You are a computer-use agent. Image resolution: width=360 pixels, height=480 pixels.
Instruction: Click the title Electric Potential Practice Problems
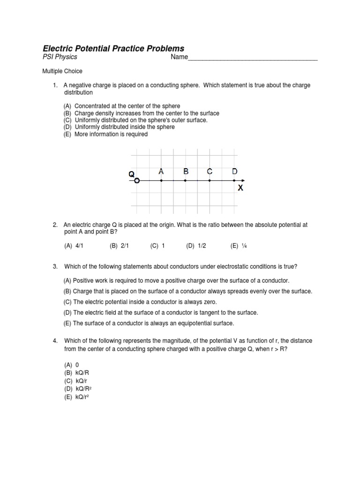coord(113,48)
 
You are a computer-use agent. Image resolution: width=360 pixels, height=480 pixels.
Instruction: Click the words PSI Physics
coord(60,57)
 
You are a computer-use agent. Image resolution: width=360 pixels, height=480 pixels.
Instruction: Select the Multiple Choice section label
coord(62,71)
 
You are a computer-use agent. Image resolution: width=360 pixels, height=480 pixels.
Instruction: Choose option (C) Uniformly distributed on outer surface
coord(135,120)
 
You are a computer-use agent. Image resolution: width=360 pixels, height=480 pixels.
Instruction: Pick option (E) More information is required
coord(105,134)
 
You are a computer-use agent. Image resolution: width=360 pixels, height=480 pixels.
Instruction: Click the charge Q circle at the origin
coord(136,180)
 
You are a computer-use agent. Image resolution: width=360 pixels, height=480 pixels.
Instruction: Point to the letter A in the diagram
coord(161,172)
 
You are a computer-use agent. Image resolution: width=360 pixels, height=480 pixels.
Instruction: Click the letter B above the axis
coord(186,172)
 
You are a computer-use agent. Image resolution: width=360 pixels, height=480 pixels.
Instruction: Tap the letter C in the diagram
coord(210,172)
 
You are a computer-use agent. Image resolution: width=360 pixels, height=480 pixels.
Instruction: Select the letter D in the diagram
coord(235,172)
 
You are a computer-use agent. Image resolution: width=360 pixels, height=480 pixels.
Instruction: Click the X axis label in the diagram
coord(240,188)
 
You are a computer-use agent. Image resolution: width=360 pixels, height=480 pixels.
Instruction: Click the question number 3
coord(55,267)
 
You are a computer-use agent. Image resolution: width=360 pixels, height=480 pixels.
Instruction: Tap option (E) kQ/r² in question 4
coord(77,397)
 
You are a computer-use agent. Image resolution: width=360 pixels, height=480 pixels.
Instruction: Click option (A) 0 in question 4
coord(72,365)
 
